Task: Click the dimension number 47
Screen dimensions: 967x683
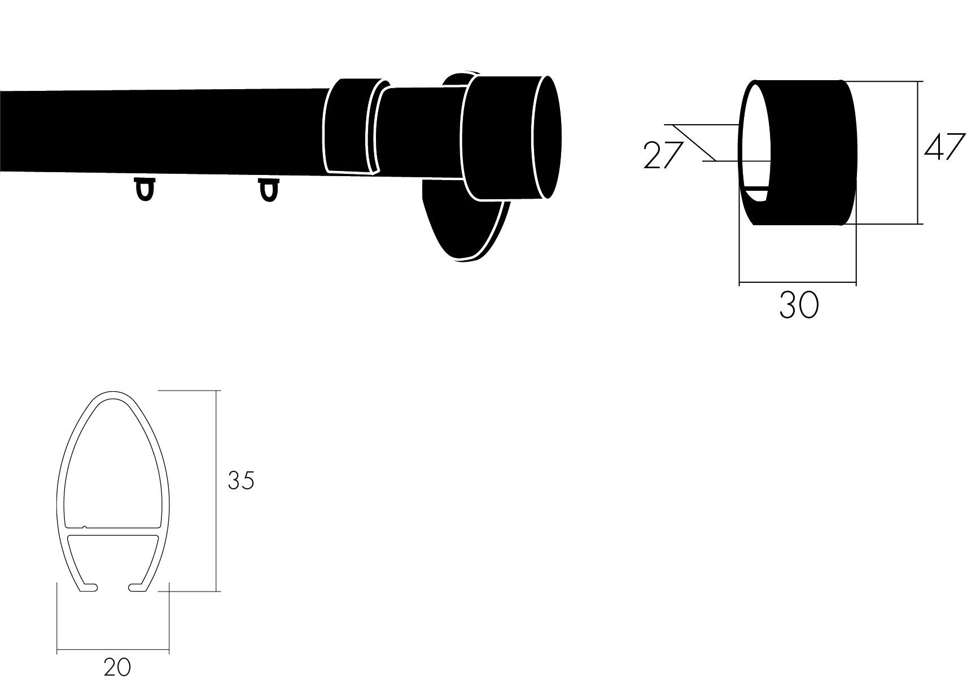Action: (x=944, y=147)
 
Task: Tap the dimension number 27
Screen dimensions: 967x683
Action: (x=663, y=155)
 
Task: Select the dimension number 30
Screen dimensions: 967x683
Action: (x=799, y=305)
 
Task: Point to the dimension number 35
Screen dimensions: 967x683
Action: (x=241, y=480)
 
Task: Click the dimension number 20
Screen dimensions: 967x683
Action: (x=117, y=667)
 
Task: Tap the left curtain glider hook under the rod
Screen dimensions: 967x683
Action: (x=145, y=189)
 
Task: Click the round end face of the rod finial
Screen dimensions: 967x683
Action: (x=548, y=137)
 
